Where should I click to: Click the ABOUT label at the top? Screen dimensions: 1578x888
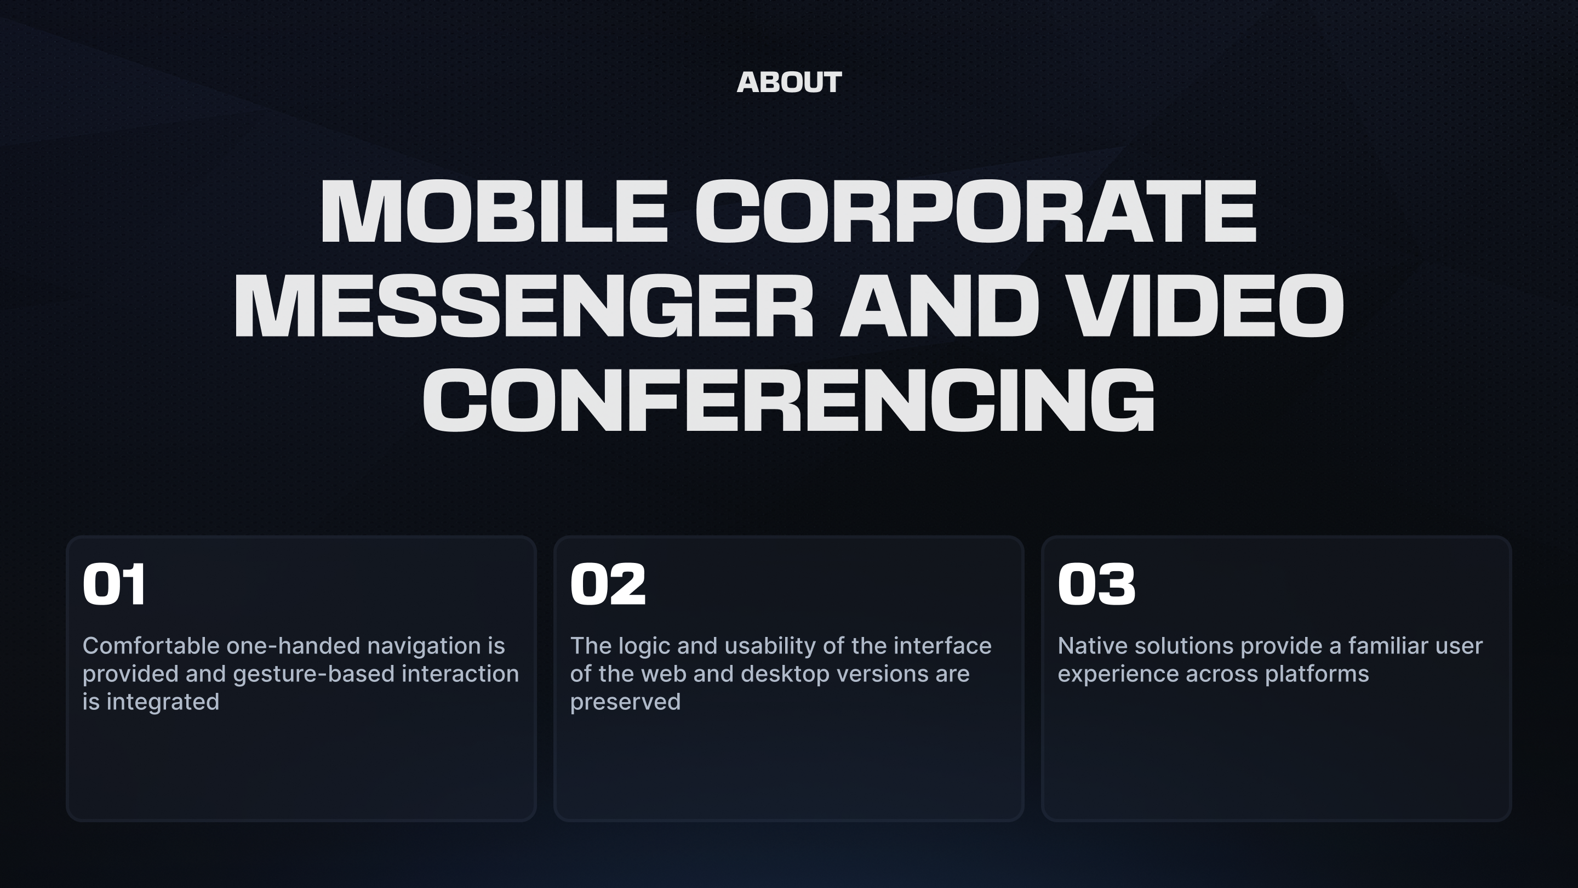coord(789,83)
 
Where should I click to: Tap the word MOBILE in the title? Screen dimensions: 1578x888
coord(494,212)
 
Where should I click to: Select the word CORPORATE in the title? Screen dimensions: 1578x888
coord(976,212)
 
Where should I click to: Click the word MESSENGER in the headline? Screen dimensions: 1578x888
coord(524,306)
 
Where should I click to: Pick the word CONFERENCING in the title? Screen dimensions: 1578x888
coord(789,401)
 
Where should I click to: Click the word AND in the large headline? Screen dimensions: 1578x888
coord(940,306)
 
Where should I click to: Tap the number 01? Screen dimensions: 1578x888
coord(115,584)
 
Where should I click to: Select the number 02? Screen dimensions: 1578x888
coord(608,584)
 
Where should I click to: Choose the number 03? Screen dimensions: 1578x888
coord(1096,584)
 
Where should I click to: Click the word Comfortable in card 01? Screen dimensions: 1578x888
coord(151,645)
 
